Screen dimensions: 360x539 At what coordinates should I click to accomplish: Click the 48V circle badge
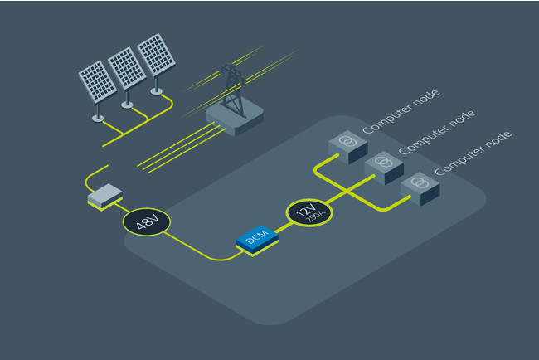147,221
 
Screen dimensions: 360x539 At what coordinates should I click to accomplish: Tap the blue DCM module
257,238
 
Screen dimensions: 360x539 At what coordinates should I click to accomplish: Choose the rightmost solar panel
155,53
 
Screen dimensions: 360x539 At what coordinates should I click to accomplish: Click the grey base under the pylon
235,119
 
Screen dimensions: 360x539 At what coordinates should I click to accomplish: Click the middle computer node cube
384,167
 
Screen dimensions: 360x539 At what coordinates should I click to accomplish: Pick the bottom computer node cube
420,187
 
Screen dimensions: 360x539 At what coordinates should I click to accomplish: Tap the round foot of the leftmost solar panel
98,118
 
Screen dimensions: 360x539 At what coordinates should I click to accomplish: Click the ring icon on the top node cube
349,142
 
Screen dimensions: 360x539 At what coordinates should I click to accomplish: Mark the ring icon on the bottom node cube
420,182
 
